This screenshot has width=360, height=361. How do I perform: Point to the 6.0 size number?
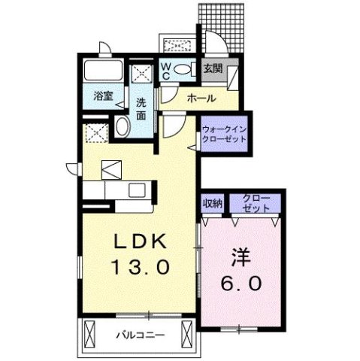point(241,285)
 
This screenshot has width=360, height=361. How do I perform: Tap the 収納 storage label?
point(212,203)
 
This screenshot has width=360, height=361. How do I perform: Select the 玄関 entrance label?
point(212,70)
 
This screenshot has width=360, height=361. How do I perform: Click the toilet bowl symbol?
point(183,70)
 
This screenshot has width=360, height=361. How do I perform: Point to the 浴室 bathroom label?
point(102,96)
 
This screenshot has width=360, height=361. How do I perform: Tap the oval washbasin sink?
point(123,126)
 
